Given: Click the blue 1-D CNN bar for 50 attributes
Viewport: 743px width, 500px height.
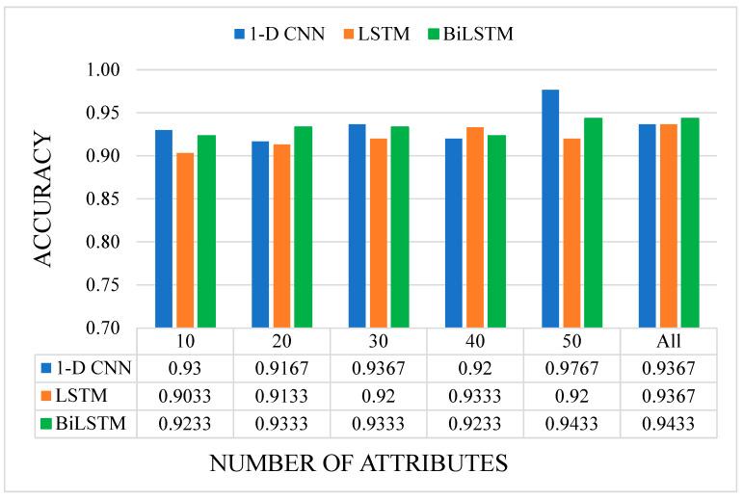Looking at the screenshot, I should (550, 208).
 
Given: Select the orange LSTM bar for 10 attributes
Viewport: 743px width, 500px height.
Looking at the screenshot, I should (185, 240).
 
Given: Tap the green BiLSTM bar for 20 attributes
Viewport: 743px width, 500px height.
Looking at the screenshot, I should (303, 227).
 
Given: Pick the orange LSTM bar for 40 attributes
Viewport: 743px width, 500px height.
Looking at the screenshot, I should (475, 227).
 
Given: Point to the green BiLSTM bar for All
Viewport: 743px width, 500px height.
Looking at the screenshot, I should (689, 223).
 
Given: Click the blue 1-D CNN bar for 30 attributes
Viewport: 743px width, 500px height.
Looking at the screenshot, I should (358, 225).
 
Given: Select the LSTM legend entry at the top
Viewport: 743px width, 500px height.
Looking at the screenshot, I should (372, 34).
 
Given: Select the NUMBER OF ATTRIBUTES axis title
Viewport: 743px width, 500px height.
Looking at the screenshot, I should (358, 463).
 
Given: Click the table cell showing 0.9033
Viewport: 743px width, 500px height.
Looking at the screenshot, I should (185, 396).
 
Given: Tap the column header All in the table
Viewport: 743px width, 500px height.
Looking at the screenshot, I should (669, 342).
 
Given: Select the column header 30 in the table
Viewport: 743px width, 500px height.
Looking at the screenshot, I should (378, 342).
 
